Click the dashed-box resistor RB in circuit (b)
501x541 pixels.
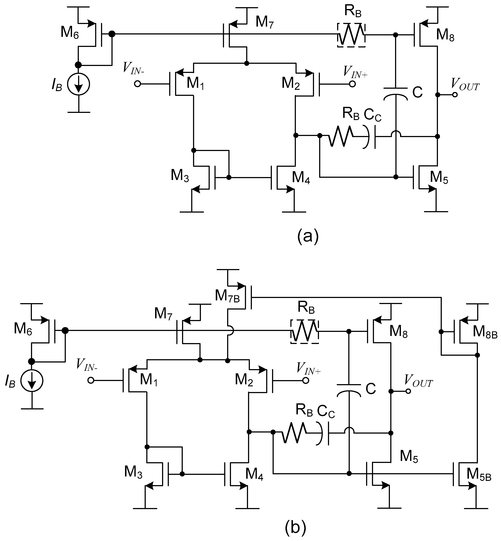(304, 331)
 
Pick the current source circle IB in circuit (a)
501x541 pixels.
(79, 84)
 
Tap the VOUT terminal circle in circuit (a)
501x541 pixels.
(455, 95)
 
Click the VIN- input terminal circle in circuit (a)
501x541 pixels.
(137, 84)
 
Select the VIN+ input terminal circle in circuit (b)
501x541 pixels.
(306, 380)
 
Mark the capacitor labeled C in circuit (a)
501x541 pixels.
(396, 92)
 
